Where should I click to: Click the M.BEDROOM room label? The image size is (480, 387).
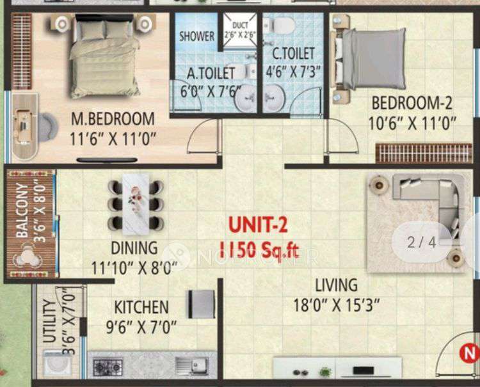click(x=113, y=119)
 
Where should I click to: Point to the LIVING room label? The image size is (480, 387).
click(x=335, y=285)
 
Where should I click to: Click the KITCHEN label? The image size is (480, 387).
click(x=141, y=307)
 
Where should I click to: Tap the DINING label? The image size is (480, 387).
click(x=133, y=248)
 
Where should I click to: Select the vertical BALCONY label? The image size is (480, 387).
click(x=22, y=211)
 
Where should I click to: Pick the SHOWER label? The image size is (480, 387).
click(x=196, y=36)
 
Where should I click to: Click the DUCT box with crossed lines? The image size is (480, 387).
click(x=239, y=30)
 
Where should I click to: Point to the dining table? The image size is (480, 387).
click(x=136, y=201)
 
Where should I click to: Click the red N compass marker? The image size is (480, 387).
click(x=470, y=352)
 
